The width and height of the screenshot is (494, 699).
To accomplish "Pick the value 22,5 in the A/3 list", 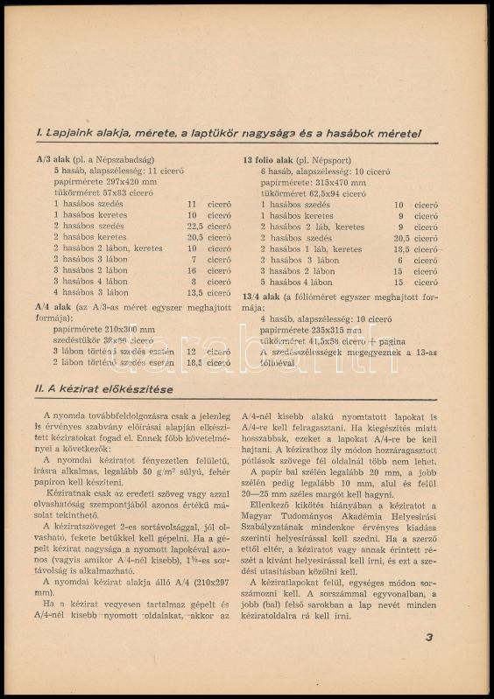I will click(x=195, y=226).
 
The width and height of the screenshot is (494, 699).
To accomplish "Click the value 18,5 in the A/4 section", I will click(x=195, y=362).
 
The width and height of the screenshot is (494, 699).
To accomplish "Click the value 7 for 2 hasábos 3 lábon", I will click(x=194, y=260).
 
